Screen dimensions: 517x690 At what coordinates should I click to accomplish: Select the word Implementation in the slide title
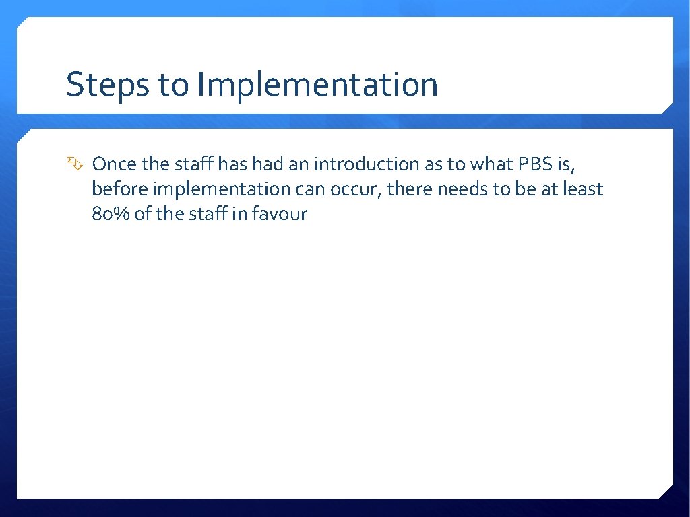pyautogui.click(x=317, y=85)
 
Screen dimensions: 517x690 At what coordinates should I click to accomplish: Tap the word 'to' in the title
pyautogui.click(x=173, y=85)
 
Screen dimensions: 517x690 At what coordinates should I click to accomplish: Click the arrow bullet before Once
pyautogui.click(x=73, y=164)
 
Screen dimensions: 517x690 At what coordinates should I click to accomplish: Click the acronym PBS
pyautogui.click(x=535, y=164)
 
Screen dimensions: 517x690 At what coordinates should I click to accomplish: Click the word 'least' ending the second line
pyautogui.click(x=584, y=189)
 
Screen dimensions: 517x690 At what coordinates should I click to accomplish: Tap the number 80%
pyautogui.click(x=110, y=215)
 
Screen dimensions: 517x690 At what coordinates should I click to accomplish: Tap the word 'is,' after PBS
pyautogui.click(x=565, y=164)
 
